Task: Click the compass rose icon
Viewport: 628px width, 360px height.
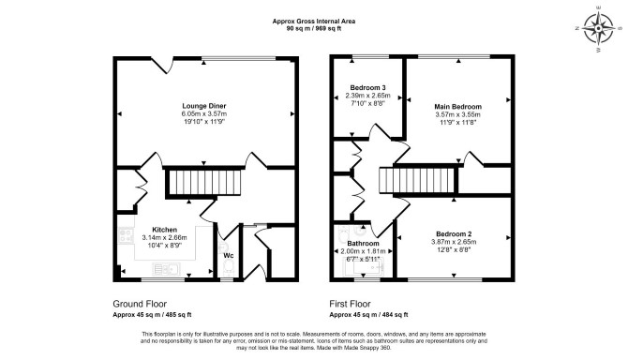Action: pyautogui.click(x=598, y=29)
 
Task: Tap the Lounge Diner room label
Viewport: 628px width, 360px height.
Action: pyautogui.click(x=203, y=106)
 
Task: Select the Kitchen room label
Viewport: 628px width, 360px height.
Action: pyautogui.click(x=164, y=230)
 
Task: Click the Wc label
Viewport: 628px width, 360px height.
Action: pyautogui.click(x=229, y=256)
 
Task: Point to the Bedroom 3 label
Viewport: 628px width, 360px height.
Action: pyautogui.click(x=367, y=88)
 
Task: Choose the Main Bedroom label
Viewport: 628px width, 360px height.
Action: pyautogui.click(x=457, y=107)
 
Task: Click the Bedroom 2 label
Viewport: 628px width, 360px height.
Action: pyautogui.click(x=454, y=234)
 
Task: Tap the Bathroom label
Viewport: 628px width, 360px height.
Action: pyautogui.click(x=363, y=244)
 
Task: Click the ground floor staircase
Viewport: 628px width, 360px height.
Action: pyautogui.click(x=203, y=183)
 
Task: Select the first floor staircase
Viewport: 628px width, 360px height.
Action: pyautogui.click(x=419, y=180)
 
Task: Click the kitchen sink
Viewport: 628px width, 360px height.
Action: pyautogui.click(x=166, y=269)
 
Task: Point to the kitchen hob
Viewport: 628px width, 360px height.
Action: pyautogui.click(x=126, y=235)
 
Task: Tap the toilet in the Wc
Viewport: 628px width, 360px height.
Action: pyautogui.click(x=229, y=266)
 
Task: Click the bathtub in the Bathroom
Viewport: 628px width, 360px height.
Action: pyautogui.click(x=364, y=266)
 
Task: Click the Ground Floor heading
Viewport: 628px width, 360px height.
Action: pyautogui.click(x=140, y=304)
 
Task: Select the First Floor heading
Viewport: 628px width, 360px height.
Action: pyautogui.click(x=350, y=304)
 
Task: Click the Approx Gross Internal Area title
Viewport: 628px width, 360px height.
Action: pyautogui.click(x=314, y=22)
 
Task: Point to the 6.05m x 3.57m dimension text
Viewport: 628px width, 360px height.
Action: pyautogui.click(x=203, y=114)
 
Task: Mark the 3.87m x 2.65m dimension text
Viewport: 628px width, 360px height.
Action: pyautogui.click(x=454, y=242)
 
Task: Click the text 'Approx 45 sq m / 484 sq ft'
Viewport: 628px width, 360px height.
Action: pyautogui.click(x=368, y=315)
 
